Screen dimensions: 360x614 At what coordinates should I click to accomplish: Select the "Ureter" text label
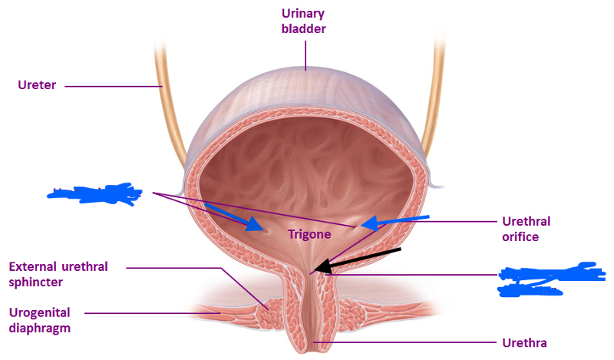(37, 84)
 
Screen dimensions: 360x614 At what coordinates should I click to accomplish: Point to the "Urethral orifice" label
(526, 229)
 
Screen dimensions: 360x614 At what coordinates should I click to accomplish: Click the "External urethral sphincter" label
(58, 274)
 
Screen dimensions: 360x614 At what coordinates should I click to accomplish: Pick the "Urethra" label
(525, 342)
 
